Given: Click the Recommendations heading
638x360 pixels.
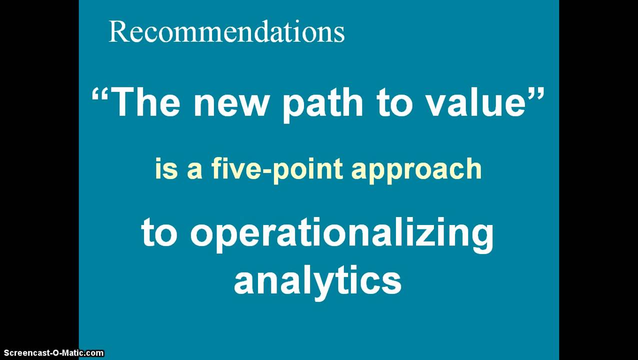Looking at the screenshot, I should coord(226,32).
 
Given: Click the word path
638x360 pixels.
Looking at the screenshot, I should coord(322,103).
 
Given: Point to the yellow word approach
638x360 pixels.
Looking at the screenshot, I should coord(416,170).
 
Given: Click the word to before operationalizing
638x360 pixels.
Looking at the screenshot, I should coord(159,233).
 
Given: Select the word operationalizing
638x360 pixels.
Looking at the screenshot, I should coord(341,233).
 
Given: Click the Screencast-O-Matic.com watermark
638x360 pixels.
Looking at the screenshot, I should coord(52,353).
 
